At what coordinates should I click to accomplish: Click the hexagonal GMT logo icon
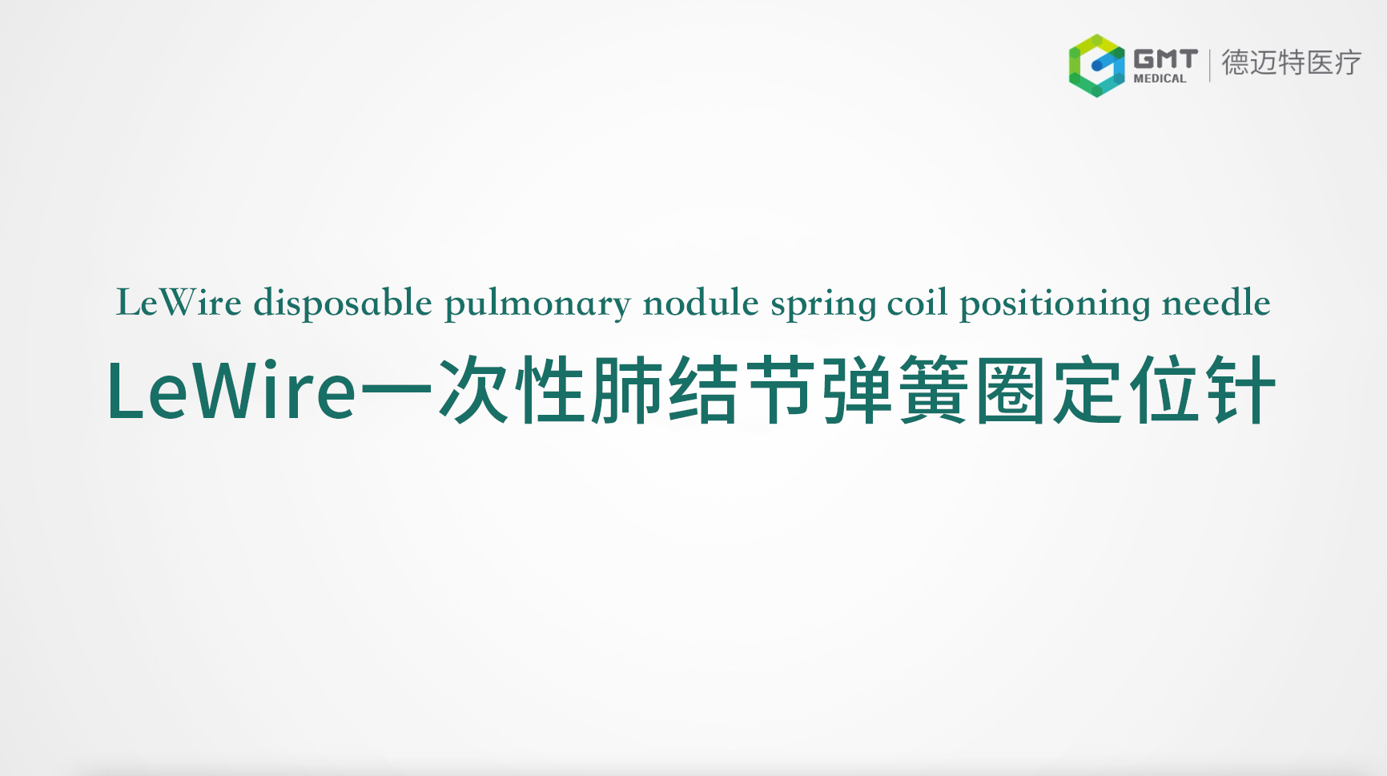tap(1097, 65)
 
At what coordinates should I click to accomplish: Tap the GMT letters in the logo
tap(1165, 59)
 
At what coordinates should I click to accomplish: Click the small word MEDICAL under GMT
tap(1160, 78)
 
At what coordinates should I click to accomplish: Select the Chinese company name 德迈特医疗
tap(1291, 62)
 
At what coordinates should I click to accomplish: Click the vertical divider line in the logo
tap(1209, 64)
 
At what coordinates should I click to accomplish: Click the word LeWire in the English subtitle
tap(179, 303)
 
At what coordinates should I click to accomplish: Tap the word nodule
tap(701, 303)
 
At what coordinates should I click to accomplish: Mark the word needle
tap(1216, 303)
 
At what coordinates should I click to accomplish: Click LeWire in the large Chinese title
tap(231, 390)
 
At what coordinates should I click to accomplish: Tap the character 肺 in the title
tap(626, 390)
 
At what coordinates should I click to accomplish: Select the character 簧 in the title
tap(934, 390)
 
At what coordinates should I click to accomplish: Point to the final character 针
tap(1241, 390)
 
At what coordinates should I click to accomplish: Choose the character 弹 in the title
tap(857, 390)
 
